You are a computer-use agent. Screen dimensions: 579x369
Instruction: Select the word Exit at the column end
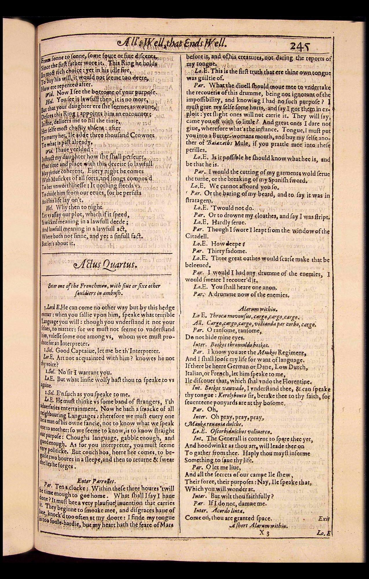click(324, 518)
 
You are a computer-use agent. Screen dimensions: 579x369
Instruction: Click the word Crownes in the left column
click(142, 135)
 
